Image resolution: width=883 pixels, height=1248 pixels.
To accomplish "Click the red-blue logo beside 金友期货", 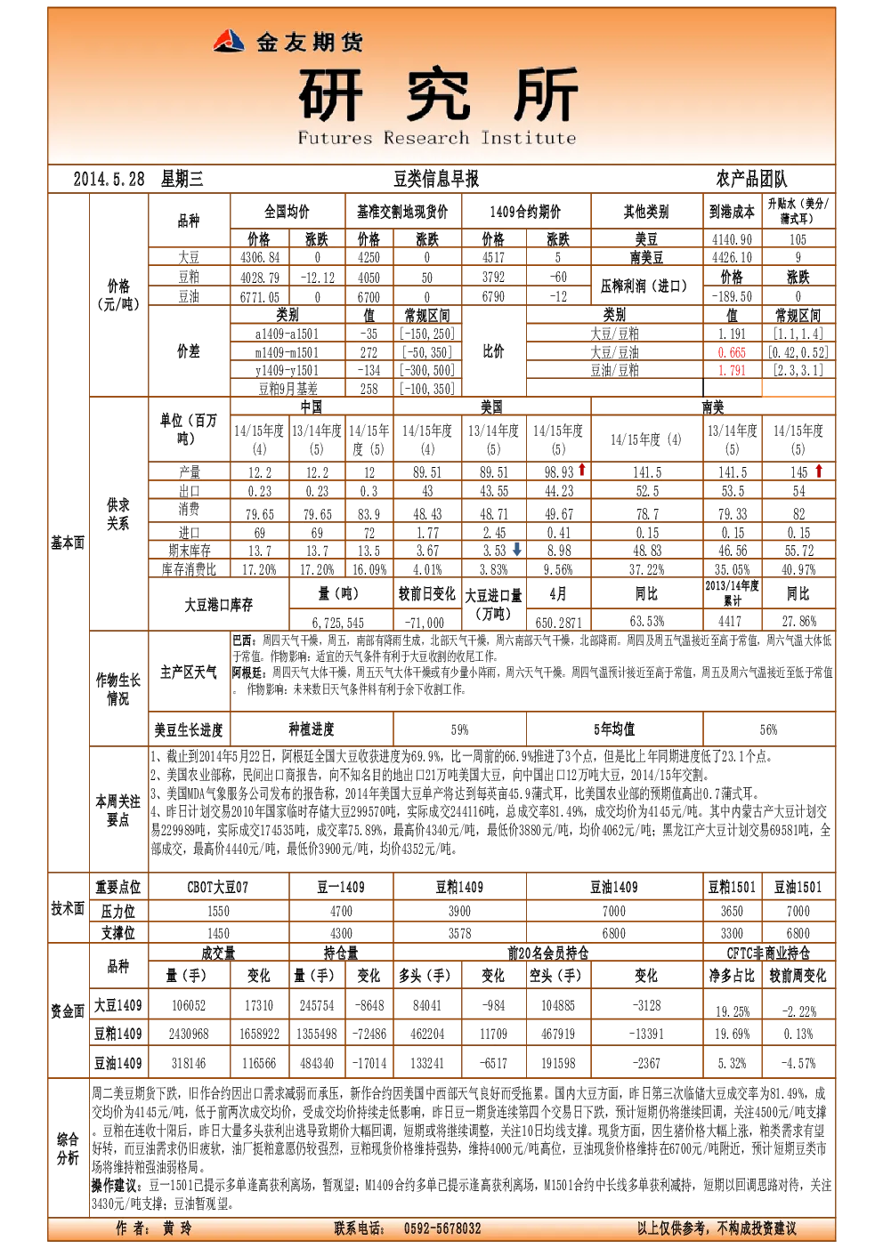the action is click(x=229, y=41).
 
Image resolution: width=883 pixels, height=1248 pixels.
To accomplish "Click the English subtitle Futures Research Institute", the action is click(x=436, y=138).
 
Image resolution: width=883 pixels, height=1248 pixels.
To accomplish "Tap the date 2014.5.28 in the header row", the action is click(x=109, y=179).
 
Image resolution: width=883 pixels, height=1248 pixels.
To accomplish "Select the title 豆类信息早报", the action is click(x=436, y=179).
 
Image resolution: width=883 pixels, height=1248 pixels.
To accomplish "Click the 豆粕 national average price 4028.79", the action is click(x=259, y=278).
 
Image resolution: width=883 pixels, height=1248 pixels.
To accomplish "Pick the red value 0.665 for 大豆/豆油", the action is click(x=732, y=352).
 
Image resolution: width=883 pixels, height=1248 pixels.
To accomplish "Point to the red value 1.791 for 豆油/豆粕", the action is click(x=732, y=371).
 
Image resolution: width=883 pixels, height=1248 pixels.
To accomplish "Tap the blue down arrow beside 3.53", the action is click(x=517, y=550).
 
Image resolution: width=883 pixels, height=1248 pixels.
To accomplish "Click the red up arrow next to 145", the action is click(x=818, y=471).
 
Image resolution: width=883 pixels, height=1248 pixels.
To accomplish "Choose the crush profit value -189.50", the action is click(x=732, y=296).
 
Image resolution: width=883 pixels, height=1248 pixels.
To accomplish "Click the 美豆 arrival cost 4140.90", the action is click(x=732, y=239).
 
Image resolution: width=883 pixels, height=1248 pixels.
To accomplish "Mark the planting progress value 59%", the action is click(x=459, y=730).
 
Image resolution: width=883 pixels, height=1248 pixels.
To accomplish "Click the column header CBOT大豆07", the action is click(x=218, y=888).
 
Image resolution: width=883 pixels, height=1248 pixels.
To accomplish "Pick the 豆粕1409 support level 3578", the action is click(x=459, y=933).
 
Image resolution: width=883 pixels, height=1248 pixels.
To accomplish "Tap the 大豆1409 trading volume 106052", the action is click(x=189, y=1005).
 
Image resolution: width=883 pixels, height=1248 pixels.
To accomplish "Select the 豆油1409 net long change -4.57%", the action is click(x=798, y=1063).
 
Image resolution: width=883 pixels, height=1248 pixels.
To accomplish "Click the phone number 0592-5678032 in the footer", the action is click(x=442, y=1228).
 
